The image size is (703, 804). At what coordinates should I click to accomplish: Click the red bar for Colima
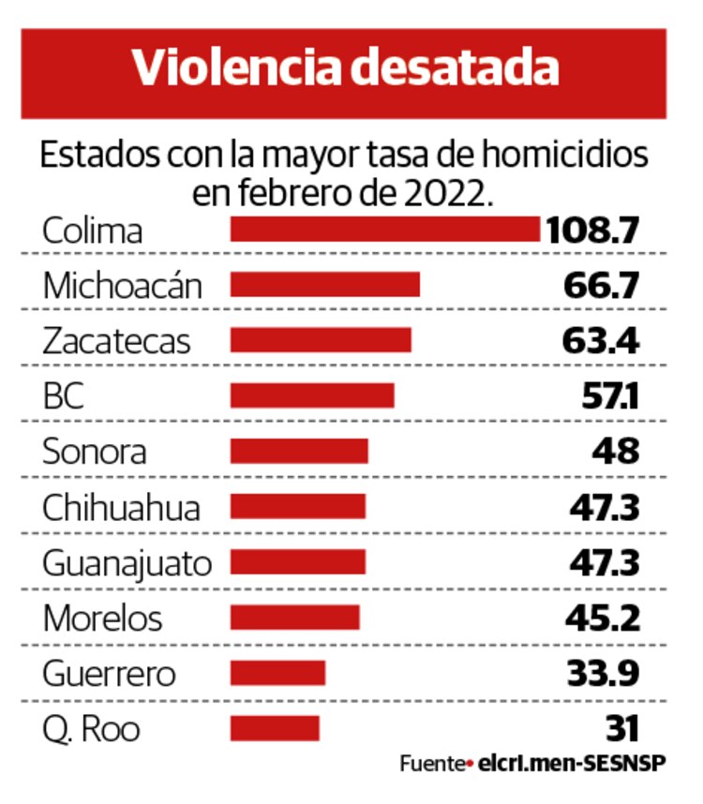click(x=385, y=230)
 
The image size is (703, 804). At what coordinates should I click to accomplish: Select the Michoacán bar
click(x=324, y=285)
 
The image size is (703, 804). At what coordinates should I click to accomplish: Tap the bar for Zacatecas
click(x=321, y=340)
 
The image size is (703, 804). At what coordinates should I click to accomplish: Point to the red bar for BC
click(x=312, y=395)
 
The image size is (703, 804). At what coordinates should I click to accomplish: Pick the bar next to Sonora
click(x=299, y=452)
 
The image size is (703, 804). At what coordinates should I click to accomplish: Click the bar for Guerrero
click(x=277, y=673)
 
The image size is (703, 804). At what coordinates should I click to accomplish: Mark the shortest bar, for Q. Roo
click(x=275, y=728)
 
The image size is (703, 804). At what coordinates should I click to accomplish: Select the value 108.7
click(x=593, y=230)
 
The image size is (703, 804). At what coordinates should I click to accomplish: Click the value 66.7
click(x=602, y=285)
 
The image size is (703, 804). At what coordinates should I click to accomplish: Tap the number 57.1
click(x=609, y=396)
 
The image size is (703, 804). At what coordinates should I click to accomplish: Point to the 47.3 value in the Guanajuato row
click(x=605, y=562)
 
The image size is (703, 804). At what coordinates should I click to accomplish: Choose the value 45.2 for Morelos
click(x=603, y=618)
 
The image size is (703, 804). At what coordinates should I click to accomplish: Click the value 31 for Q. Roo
click(x=621, y=728)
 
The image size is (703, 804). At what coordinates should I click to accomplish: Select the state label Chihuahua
click(x=122, y=507)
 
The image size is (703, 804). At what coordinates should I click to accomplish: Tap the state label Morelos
click(x=102, y=618)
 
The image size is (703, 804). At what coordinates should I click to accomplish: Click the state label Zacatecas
click(x=116, y=340)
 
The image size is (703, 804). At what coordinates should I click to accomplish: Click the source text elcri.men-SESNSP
click(x=571, y=764)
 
